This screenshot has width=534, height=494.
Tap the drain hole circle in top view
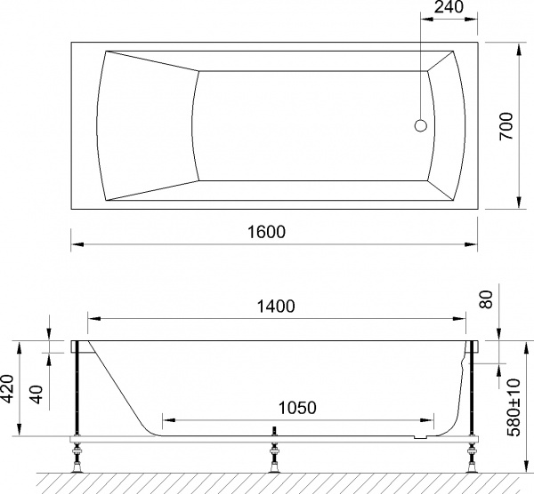click(x=420, y=125)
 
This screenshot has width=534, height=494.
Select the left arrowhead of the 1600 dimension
click(x=75, y=243)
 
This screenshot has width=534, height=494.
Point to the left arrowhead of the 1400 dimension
click(x=91, y=317)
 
